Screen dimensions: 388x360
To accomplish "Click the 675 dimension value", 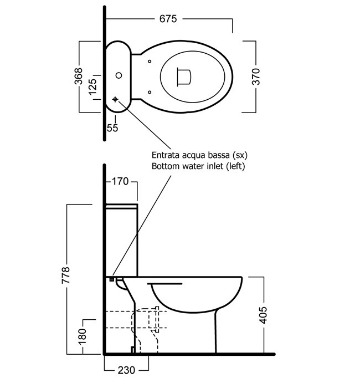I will (168, 19).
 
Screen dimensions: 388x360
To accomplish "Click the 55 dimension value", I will (112, 128).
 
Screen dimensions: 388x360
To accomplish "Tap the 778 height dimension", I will (66, 277).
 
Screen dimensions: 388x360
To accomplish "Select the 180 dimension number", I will (83, 335).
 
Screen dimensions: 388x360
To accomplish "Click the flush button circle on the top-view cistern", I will (118, 75).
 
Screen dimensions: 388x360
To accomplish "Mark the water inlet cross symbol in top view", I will (115, 99).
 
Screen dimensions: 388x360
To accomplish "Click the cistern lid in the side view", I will (121, 207).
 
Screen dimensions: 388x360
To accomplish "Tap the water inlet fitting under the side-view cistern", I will (112, 279).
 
